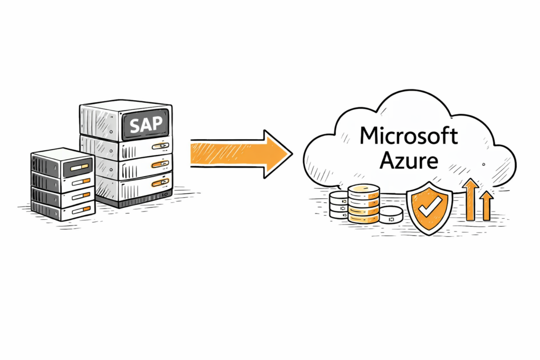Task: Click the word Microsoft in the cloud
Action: pos(409,135)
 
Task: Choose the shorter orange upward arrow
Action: pos(487,205)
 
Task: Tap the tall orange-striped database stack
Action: pos(363,202)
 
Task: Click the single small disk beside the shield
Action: pos(391,214)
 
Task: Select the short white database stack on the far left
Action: pos(337,205)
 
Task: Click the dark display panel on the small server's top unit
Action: pos(78,167)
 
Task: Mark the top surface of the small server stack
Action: pos(62,153)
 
